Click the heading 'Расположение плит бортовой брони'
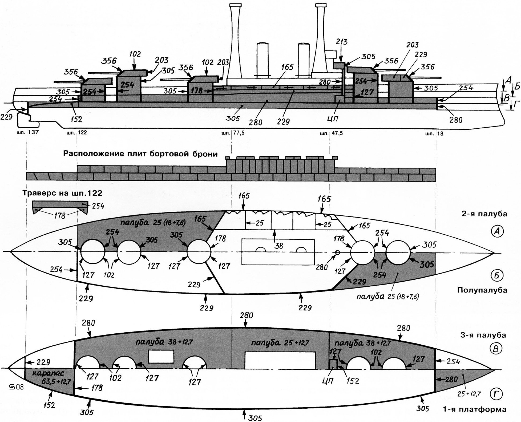(x=140, y=154)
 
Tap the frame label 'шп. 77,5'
(x=233, y=133)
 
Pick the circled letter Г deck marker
(x=496, y=394)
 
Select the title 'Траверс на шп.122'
(x=62, y=193)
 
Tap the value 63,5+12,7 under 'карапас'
(x=56, y=381)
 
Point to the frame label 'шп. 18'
(x=434, y=133)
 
